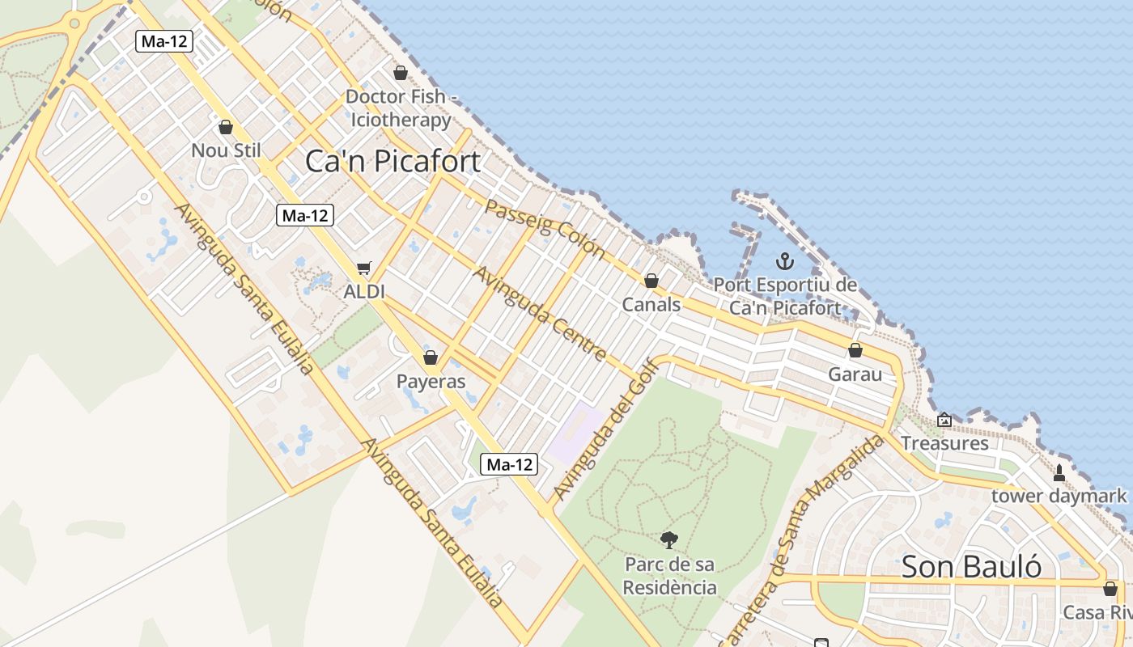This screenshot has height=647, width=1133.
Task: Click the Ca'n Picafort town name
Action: click(x=393, y=161)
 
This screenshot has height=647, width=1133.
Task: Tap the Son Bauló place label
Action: click(x=971, y=566)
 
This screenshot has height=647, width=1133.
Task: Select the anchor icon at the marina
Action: click(x=784, y=261)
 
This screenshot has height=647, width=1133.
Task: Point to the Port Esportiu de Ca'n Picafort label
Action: click(x=784, y=296)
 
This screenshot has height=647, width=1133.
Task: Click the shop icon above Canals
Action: click(x=651, y=281)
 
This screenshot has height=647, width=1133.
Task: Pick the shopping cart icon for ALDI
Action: click(x=364, y=268)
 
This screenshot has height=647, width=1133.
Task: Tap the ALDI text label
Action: click(x=364, y=291)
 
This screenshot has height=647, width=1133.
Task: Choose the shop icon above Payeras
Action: click(x=431, y=357)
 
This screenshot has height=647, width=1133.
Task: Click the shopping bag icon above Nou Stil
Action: click(x=226, y=127)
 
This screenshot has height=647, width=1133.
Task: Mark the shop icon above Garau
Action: click(x=855, y=350)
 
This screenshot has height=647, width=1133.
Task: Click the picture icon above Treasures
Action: click(x=944, y=420)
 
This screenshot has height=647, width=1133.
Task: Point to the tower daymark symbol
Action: click(x=1059, y=472)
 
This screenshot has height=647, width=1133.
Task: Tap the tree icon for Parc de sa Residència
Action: click(x=669, y=539)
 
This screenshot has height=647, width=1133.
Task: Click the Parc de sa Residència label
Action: click(x=670, y=575)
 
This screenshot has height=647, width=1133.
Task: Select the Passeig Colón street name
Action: click(x=545, y=229)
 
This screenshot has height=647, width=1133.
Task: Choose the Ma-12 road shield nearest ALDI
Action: click(x=304, y=215)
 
